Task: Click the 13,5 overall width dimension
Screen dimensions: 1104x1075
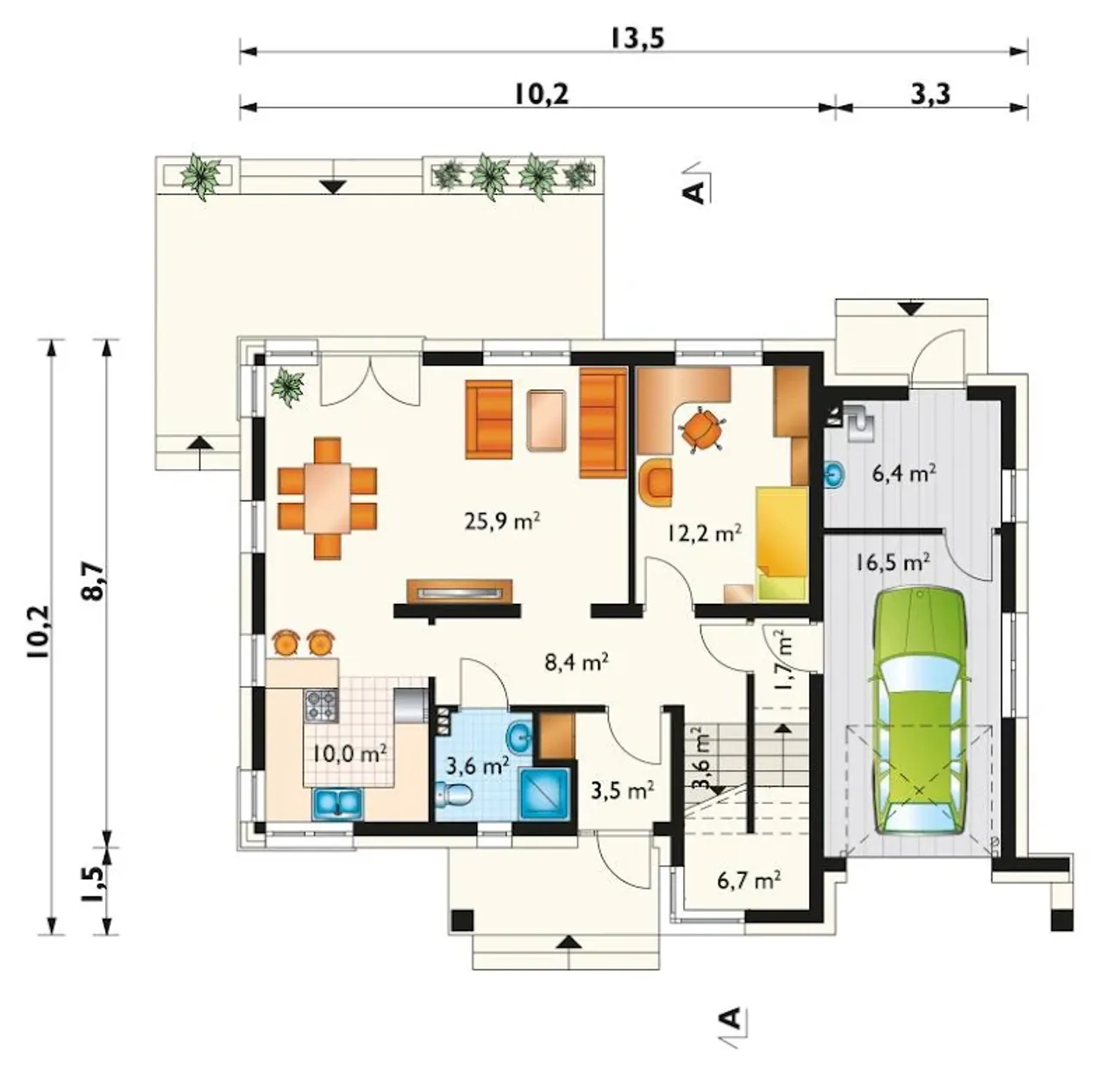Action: coord(637,39)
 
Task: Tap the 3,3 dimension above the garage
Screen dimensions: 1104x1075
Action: coord(931,94)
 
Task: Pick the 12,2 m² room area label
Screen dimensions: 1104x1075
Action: coord(704,533)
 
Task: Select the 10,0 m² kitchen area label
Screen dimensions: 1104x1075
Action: coord(349,754)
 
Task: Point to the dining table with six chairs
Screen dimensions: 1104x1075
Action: coord(328,498)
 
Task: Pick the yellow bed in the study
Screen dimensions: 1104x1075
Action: coord(781,543)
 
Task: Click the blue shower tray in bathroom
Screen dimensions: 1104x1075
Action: coord(545,794)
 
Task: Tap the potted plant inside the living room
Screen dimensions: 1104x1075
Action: coord(287,387)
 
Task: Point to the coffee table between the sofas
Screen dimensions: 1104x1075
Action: coord(546,420)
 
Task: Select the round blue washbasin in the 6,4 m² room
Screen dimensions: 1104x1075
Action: coord(835,474)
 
